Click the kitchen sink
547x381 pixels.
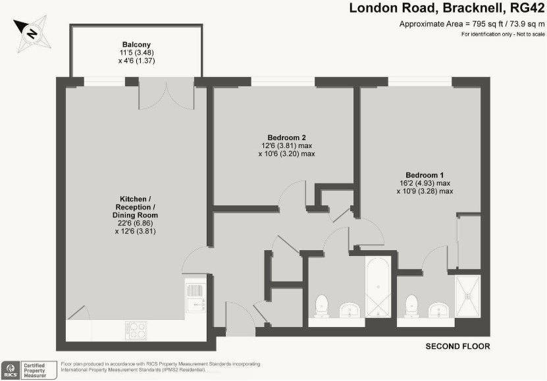195,297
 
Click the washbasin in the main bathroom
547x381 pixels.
349,309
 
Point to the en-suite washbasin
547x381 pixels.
438,309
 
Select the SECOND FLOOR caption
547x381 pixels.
457,347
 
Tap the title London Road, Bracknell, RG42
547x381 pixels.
447,9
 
